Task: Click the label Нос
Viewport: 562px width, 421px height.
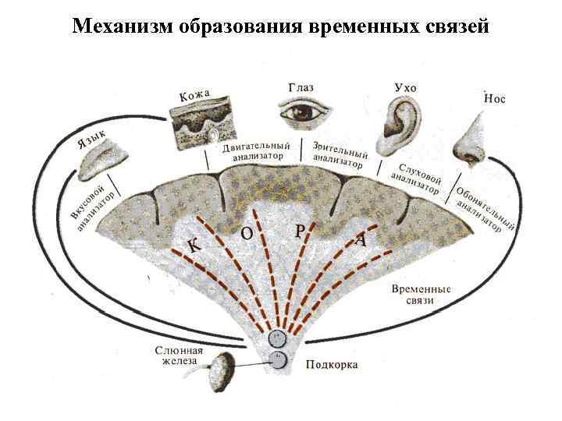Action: point(496,99)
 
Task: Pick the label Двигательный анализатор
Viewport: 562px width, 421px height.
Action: point(257,150)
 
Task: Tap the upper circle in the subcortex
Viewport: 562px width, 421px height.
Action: point(278,338)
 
